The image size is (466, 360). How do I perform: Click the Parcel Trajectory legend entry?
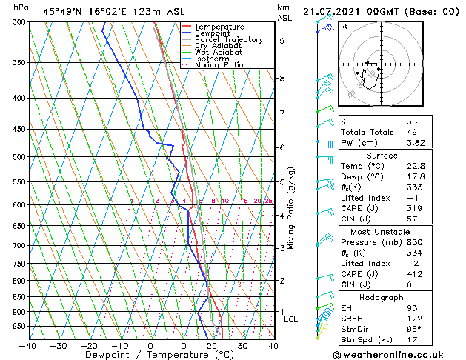coord(228,39)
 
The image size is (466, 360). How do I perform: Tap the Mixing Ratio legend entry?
coord(219,65)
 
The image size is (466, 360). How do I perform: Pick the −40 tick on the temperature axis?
coord(28,345)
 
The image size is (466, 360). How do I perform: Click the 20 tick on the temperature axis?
coord(211,345)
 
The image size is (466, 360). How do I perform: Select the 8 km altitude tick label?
coord(282,79)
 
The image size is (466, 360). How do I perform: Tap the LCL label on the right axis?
coord(291,319)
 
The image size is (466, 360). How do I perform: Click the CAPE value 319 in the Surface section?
coord(413,208)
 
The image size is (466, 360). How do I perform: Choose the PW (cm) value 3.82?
coord(415,143)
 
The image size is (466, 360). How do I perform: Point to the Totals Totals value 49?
coord(411,132)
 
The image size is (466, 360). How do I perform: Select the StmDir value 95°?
coord(413,329)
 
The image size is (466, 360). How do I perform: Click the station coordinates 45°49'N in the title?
coord(59,11)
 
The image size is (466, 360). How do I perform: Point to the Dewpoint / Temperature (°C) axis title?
coord(150,355)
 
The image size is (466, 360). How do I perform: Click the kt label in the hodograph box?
coord(344,26)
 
